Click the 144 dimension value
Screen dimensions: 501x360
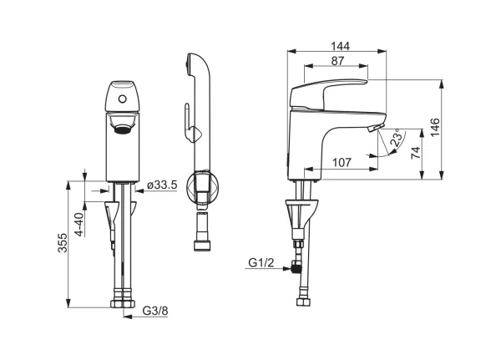pos(340,46)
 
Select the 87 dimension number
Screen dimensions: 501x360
pos(337,61)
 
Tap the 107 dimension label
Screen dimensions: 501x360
pos(342,162)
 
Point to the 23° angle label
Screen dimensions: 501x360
pos(396,138)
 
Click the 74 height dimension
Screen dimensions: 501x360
pos(415,153)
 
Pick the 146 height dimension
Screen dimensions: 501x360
pos(434,127)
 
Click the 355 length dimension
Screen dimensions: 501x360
pos(63,243)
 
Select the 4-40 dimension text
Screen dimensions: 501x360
pos(78,225)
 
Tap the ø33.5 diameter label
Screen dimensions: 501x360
pos(162,185)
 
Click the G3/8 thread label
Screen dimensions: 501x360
pos(155,311)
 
